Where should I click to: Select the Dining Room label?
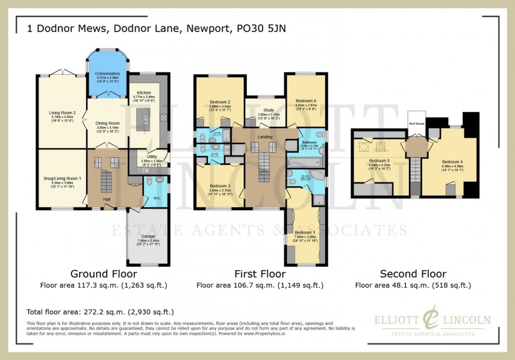pyautogui.click(x=108, y=123)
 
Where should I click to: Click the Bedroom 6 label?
pyautogui.click(x=306, y=101)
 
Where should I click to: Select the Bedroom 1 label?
pyautogui.click(x=304, y=232)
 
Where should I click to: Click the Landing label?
pyautogui.click(x=265, y=137)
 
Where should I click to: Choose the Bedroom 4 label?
pyautogui.click(x=452, y=161)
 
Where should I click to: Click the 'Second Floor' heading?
pyautogui.click(x=413, y=272)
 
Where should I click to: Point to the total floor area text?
pyautogui.click(x=100, y=312)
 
